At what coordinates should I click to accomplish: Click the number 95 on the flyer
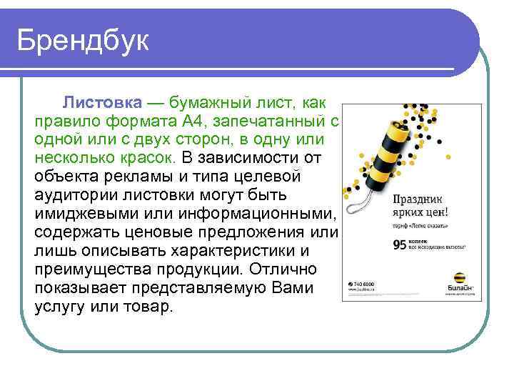coord(400,244)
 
